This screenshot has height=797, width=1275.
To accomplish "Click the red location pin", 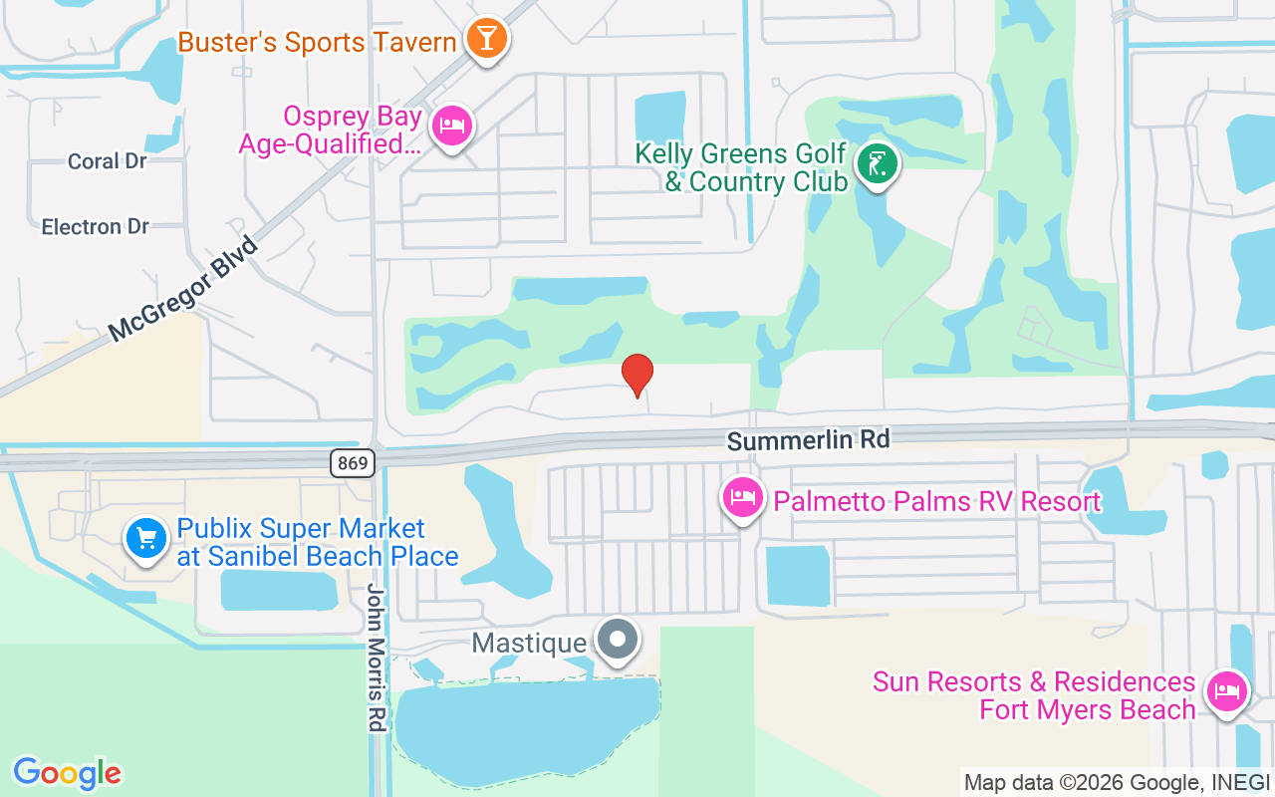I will [637, 375].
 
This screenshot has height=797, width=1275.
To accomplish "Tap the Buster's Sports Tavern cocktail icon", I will [486, 39].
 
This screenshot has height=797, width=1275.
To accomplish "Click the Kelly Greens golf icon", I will [877, 164].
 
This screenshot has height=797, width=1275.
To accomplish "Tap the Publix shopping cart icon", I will [146, 539].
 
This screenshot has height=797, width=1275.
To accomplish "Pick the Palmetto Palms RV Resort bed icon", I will [742, 498].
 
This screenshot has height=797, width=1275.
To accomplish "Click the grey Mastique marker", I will [618, 640].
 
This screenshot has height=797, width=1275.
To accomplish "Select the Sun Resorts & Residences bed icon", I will [1226, 690].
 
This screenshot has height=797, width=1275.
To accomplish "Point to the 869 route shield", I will [352, 462].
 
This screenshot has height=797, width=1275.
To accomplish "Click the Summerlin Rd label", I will [807, 439].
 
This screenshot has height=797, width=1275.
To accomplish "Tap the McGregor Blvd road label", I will [183, 289].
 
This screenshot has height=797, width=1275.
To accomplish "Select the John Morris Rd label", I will [376, 657].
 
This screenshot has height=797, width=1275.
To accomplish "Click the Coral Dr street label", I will [108, 161].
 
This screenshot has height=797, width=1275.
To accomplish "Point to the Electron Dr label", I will [96, 227].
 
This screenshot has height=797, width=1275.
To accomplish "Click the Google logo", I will [67, 773].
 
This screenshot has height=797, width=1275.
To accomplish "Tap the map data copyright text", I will [1117, 782].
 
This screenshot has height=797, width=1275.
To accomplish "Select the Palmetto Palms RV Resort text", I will [936, 501].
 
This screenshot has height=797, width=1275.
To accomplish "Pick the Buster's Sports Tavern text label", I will [317, 43].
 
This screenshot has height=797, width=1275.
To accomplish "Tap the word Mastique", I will [529, 644].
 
